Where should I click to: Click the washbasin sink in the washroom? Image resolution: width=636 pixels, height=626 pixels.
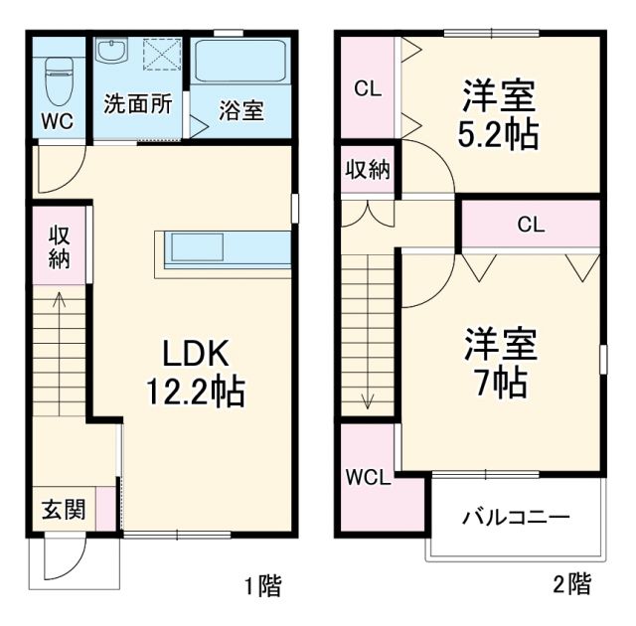112,51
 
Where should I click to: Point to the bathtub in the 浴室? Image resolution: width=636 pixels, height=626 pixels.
241,62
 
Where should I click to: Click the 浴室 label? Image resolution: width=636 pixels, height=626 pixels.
241,110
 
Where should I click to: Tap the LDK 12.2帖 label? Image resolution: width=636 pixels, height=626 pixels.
197,371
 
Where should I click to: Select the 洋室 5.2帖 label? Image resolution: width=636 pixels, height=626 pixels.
499,115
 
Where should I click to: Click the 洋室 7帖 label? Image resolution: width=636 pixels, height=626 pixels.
501,362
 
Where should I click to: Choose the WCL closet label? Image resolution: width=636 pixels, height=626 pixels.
368,478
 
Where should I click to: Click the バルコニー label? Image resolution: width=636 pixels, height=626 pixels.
516,518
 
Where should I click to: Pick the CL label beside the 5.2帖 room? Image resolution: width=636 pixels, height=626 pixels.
368,88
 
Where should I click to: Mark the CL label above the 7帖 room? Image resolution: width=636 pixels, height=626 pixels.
530,225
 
